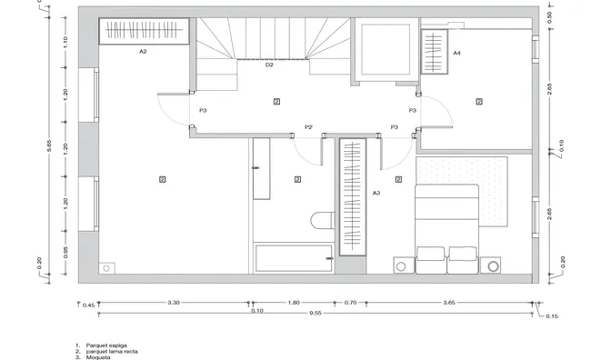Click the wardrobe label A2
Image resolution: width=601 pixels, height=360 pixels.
pyautogui.click(x=143, y=53)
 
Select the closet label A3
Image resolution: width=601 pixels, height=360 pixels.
pyautogui.click(x=376, y=194)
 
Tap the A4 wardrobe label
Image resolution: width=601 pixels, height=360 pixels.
pyautogui.click(x=456, y=55)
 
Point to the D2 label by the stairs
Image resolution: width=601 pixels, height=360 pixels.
pyautogui.click(x=269, y=65)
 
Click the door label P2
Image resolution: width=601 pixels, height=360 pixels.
pyautogui.click(x=308, y=127)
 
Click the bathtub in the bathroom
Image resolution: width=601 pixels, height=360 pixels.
pyautogui.click(x=292, y=257)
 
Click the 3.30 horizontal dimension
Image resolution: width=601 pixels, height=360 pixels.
pyautogui.click(x=173, y=302)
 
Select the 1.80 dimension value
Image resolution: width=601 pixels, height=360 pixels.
pyautogui.click(x=293, y=302)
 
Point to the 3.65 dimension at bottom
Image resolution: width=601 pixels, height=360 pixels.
pyautogui.click(x=448, y=302)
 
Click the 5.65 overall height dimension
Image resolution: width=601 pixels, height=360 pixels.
pyautogui.click(x=49, y=145)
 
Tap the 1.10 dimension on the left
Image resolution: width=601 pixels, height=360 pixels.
pyautogui.click(x=65, y=41)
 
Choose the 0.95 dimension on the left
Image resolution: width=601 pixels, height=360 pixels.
pyautogui.click(x=65, y=252)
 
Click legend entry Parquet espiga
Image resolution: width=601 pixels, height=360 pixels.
pyautogui.click(x=106, y=346)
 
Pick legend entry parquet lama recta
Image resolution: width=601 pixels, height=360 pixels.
pyautogui.click(x=112, y=352)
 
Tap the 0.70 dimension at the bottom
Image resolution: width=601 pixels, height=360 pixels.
pyautogui.click(x=350, y=302)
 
